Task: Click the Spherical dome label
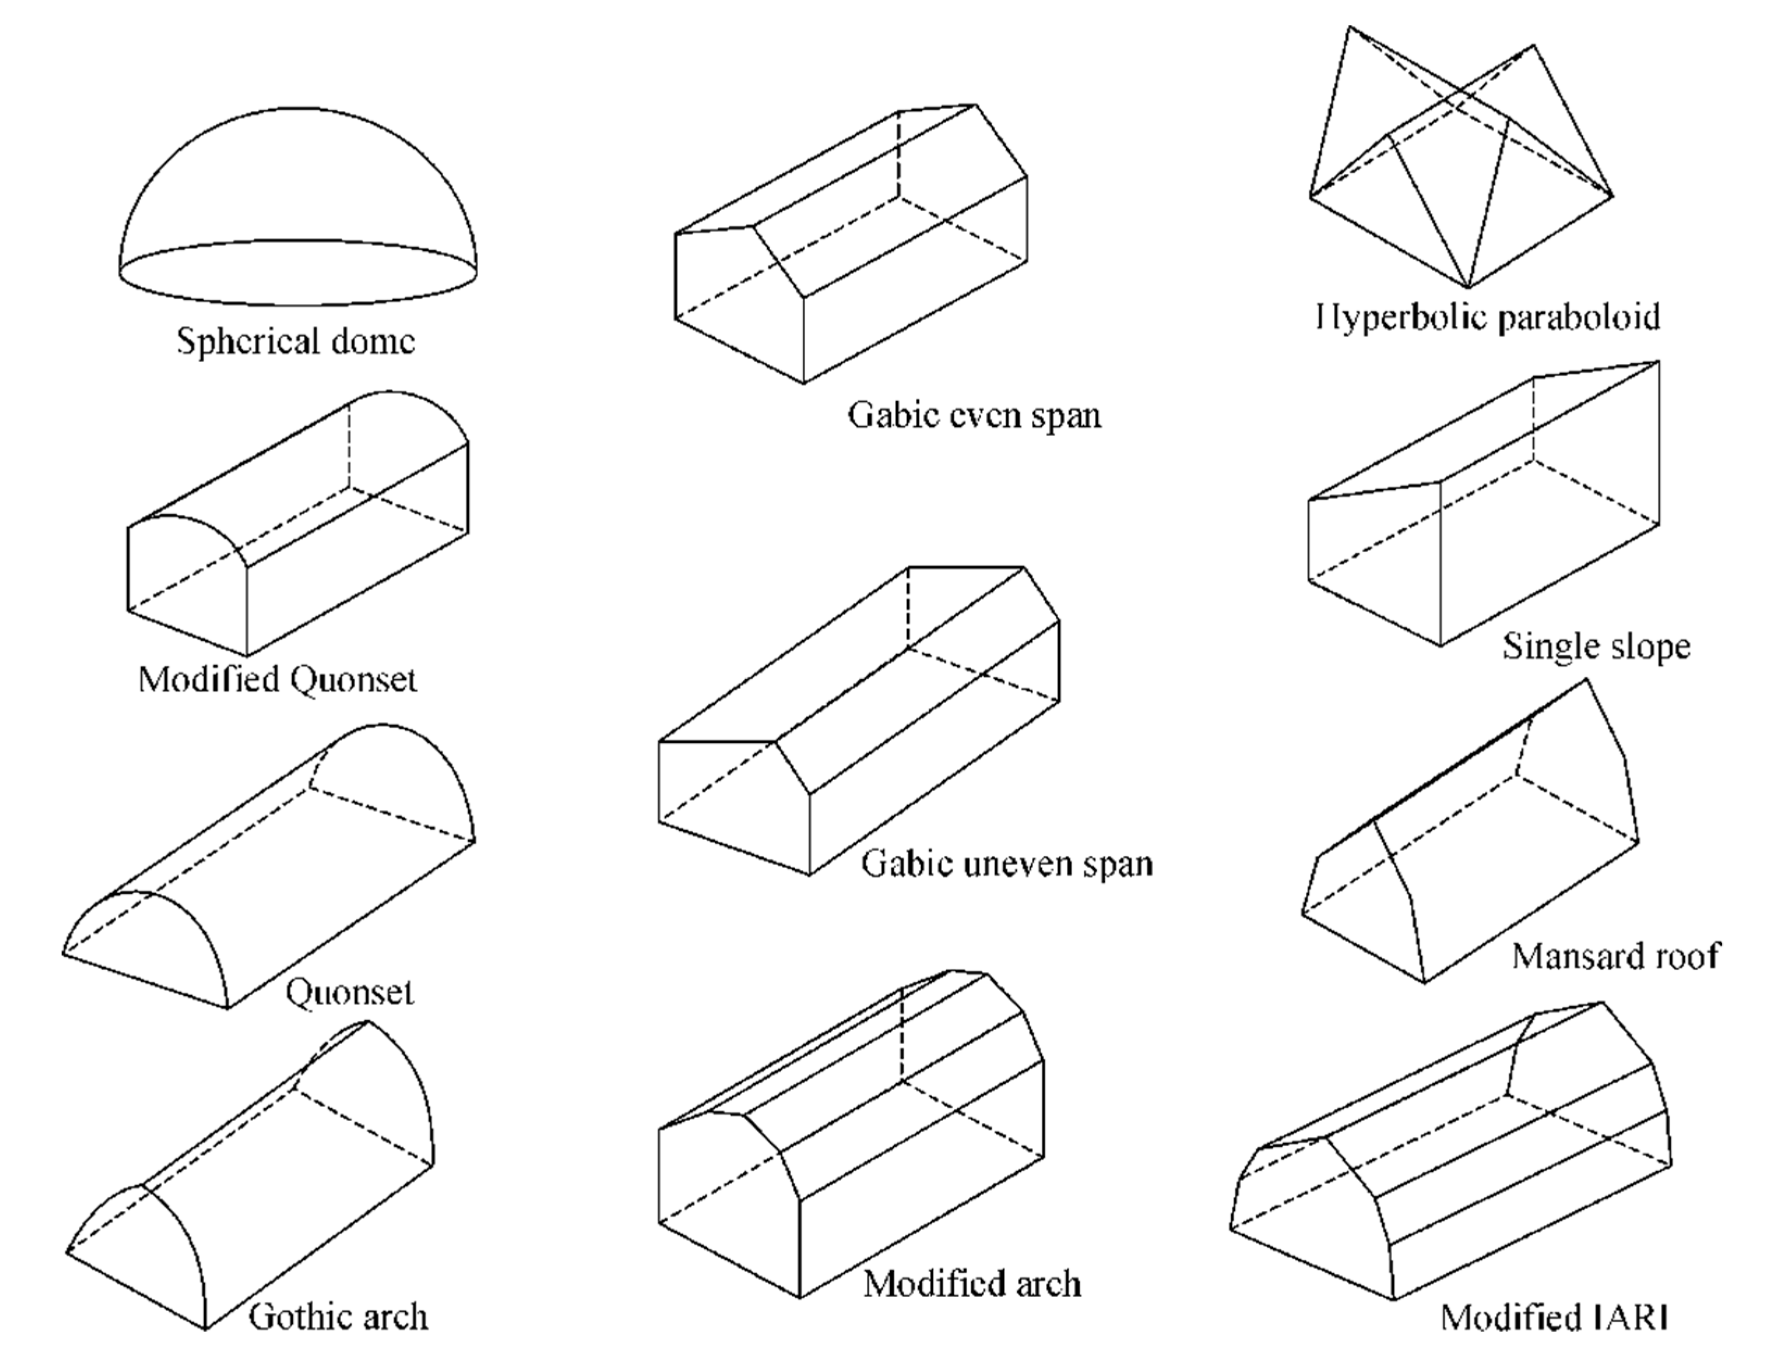point(295,340)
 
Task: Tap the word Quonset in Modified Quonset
point(353,679)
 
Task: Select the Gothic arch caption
point(337,1317)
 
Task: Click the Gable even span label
point(974,415)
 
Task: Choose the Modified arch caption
point(971,1283)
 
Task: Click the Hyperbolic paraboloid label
point(1488,317)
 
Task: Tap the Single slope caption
point(1596,646)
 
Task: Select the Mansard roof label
point(1615,956)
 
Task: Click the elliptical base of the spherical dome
point(297,273)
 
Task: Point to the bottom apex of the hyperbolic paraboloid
point(1468,287)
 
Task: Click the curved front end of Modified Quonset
point(187,583)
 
